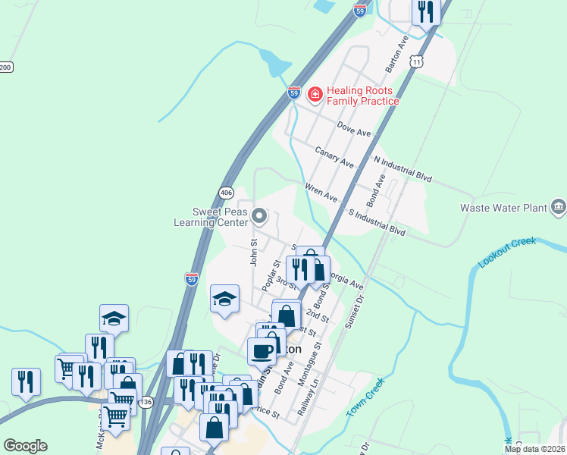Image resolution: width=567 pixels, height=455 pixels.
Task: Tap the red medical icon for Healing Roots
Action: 315,95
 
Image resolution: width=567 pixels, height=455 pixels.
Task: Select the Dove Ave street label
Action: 354,130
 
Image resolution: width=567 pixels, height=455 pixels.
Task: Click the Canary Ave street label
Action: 335,158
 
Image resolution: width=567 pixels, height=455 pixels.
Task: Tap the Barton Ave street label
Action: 397,53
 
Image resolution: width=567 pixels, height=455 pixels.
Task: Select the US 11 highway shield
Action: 415,61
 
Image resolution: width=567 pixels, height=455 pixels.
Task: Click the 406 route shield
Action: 226,193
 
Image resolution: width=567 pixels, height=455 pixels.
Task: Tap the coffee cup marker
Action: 262,351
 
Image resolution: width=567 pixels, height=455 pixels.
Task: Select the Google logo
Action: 25,446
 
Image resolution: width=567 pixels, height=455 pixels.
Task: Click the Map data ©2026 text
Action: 535,449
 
